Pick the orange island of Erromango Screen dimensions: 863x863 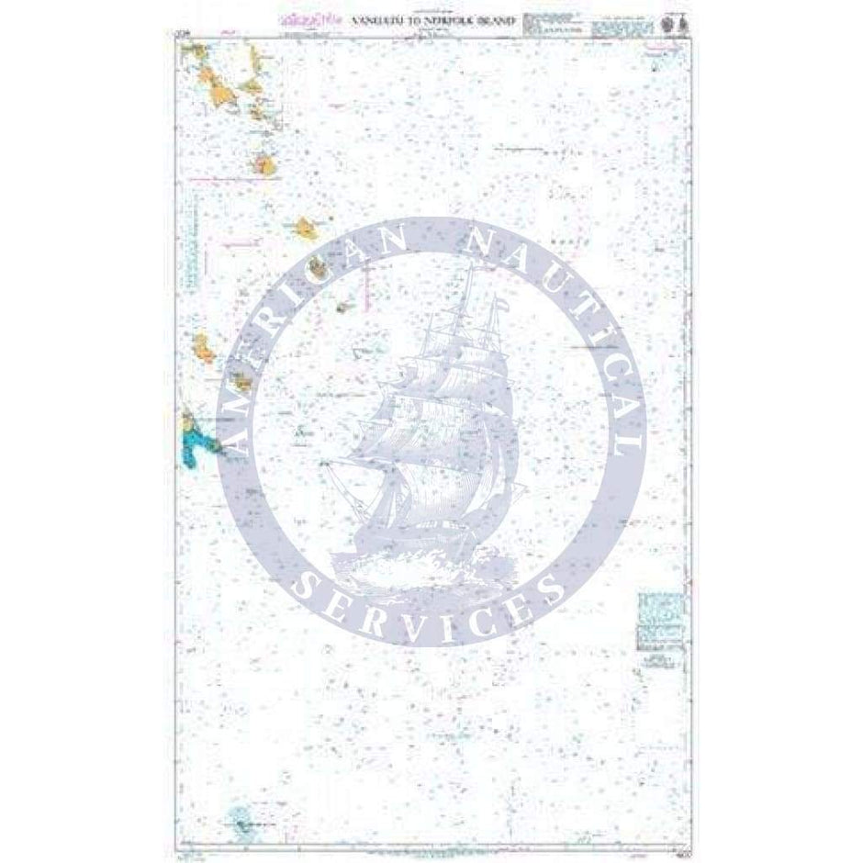tap(304, 225)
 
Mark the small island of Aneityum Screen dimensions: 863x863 tap(346, 308)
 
